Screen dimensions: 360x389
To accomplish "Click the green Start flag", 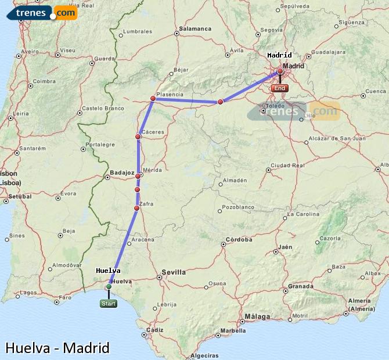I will [109, 303].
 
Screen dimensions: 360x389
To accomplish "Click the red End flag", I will [280, 88].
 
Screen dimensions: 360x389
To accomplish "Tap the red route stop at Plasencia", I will [153, 99].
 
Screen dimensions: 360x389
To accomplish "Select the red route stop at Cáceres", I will [138, 137].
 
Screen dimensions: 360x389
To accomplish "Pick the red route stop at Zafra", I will [137, 208].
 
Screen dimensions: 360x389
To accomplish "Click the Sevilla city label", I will [174, 272].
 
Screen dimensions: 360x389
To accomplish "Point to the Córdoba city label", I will [239, 239].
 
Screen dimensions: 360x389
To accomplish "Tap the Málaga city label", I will [258, 316].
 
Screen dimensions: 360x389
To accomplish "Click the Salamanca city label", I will [195, 28].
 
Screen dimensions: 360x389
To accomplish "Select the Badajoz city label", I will [122, 173].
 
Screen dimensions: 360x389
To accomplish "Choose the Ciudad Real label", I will [289, 165].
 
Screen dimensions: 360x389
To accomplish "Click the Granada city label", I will [301, 286].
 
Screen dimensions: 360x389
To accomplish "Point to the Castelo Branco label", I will [103, 108].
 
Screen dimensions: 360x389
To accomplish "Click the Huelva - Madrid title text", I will [57, 348].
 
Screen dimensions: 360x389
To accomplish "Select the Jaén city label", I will [285, 247].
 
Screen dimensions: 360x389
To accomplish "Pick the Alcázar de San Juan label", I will [337, 138].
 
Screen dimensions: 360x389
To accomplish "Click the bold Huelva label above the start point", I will [108, 271].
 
